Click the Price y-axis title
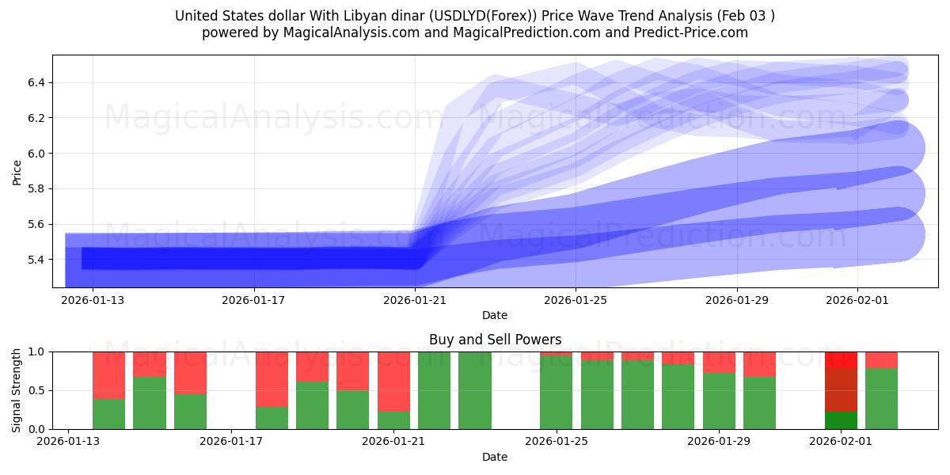coord(17,171)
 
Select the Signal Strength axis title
coord(17,390)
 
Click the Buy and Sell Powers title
coord(495,340)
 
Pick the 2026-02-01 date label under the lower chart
coord(842,441)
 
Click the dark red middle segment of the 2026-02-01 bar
coord(841,389)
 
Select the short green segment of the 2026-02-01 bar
coord(841,420)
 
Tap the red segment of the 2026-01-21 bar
coord(393,381)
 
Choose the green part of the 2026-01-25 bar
coord(556,393)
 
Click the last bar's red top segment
coord(881,359)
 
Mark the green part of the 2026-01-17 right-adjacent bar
coord(272,418)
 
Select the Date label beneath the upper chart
coord(495,315)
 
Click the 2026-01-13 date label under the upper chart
coord(93,300)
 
